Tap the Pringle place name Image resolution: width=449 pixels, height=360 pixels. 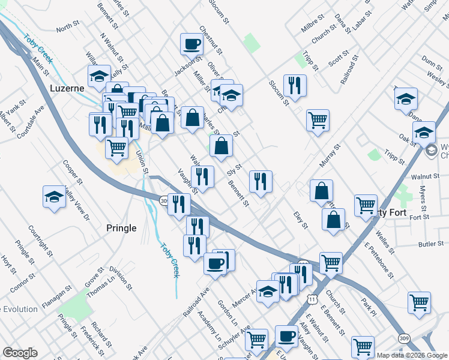pos(121,228)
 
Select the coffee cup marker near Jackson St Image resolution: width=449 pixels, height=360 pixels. pos(192,44)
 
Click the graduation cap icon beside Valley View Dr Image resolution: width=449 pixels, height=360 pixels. pos(54,197)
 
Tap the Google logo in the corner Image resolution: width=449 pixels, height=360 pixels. pos(20,353)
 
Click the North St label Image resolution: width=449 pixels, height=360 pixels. pos(67,28)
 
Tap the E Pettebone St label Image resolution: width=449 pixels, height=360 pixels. pos(379,262)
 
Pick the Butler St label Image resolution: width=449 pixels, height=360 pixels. pos(430,244)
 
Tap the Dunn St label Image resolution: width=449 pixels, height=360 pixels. pos(432,61)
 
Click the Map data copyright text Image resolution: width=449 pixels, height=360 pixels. pos(410,355)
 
